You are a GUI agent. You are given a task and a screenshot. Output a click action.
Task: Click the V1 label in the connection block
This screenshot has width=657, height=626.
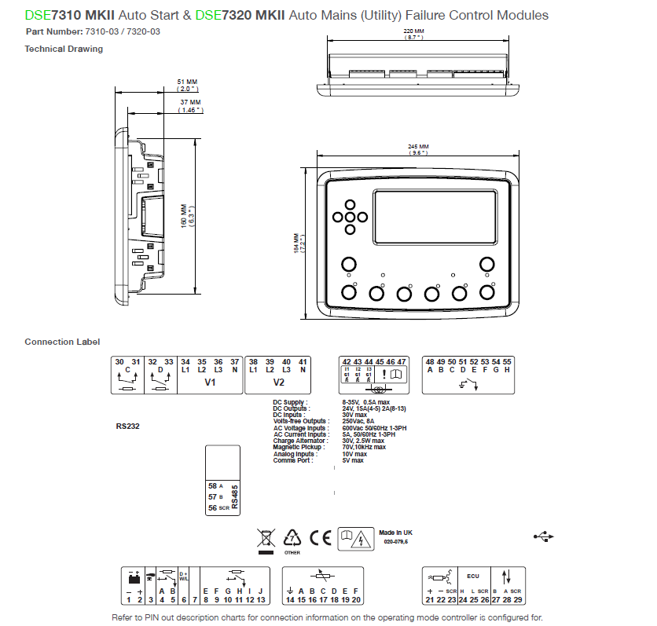210,383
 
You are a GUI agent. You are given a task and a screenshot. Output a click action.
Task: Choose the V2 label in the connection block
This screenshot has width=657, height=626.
278,383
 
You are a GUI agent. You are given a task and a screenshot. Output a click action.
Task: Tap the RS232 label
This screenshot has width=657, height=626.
127,426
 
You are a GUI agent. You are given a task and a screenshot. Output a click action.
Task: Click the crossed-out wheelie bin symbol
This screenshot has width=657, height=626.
266,538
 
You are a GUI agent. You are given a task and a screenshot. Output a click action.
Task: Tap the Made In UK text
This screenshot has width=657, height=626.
395,532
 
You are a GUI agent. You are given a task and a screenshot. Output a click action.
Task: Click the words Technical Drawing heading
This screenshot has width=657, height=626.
64,49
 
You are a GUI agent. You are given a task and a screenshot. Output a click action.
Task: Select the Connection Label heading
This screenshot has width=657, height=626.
62,342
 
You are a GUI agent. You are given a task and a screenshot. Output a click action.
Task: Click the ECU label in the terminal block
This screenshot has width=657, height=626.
473,576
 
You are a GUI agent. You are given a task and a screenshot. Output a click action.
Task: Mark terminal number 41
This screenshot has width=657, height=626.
303,361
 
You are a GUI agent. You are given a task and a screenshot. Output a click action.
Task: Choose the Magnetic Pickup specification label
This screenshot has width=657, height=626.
295,447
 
